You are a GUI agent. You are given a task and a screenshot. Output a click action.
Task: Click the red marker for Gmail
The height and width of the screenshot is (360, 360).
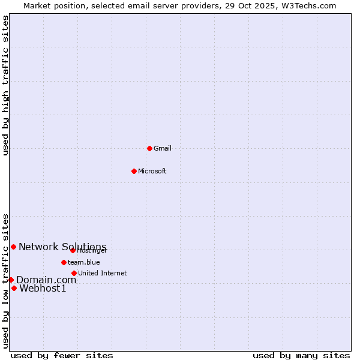click(149, 148)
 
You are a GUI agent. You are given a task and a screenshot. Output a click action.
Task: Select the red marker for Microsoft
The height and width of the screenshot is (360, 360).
click(134, 171)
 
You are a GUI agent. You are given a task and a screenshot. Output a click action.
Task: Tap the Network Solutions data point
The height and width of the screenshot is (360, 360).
click(13, 247)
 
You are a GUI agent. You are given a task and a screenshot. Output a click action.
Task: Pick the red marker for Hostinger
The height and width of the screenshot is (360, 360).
click(73, 250)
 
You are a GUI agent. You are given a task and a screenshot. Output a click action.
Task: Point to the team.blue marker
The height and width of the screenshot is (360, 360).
click(64, 262)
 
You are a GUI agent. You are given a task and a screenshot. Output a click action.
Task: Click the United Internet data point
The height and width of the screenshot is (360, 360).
click(74, 273)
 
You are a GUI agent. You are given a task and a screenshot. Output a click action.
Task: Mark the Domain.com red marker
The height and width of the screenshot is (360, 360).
click(11, 280)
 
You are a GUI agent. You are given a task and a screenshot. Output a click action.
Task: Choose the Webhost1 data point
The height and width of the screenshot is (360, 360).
click(14, 288)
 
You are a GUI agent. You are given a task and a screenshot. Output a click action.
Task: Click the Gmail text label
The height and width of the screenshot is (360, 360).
click(163, 148)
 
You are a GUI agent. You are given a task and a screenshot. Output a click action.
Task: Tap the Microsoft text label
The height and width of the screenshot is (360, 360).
click(152, 171)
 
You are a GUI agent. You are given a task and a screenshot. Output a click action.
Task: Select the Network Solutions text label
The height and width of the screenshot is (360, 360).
click(62, 247)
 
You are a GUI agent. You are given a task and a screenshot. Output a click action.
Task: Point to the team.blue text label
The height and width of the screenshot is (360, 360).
click(84, 262)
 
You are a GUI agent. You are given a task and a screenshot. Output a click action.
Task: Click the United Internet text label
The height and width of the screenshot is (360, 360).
click(103, 273)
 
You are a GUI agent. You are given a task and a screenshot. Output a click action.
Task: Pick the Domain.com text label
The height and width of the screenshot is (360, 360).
click(46, 280)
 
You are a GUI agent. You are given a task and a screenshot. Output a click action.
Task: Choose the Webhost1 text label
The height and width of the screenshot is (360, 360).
click(43, 289)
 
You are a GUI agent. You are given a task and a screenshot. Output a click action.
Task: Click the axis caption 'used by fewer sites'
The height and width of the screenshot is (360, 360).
click(62, 355)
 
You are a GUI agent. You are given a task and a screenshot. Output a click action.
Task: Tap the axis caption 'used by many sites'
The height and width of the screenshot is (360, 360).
click(301, 355)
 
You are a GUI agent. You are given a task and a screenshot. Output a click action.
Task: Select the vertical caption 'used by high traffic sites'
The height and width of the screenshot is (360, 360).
click(5, 85)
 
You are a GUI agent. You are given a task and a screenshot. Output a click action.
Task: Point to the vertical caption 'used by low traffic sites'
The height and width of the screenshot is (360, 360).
click(5, 281)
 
